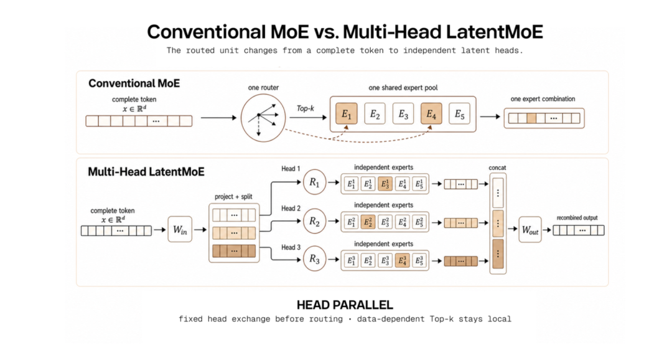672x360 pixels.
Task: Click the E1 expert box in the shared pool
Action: [x=347, y=114]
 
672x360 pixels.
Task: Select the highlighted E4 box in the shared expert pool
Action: [x=431, y=114]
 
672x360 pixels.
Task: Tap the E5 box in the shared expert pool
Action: [x=459, y=114]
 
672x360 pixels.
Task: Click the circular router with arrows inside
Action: [x=263, y=118]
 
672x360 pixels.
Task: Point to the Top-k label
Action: [x=305, y=108]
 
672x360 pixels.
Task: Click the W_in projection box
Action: [x=180, y=230]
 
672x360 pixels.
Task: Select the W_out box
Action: [x=530, y=230]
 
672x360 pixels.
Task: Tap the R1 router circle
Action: [x=315, y=182]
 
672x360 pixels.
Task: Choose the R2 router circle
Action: [x=315, y=221]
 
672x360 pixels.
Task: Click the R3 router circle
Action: [x=315, y=259]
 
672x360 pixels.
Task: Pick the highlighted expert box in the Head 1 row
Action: [x=385, y=184]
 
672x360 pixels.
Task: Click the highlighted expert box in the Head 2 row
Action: [x=368, y=222]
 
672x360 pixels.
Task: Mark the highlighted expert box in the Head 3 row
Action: [x=402, y=260]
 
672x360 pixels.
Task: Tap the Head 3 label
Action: [x=291, y=247]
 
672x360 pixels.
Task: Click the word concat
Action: [x=497, y=168]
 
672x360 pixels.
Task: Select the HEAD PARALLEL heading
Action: [x=345, y=305]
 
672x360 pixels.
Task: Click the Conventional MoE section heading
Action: [x=134, y=83]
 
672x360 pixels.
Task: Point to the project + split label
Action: [x=233, y=197]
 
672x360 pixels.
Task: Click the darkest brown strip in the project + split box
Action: [x=234, y=251]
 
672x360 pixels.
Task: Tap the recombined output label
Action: [x=577, y=218]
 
